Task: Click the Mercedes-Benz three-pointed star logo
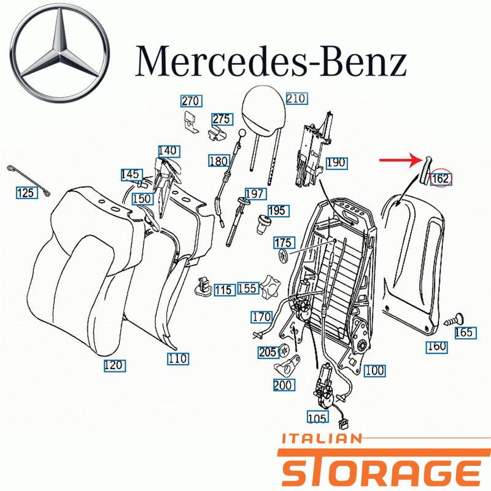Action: click(60, 53)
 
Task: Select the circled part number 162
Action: click(441, 179)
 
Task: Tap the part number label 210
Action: click(296, 99)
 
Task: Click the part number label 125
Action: click(26, 193)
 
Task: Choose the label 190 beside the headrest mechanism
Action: click(336, 163)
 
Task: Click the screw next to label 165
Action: click(454, 320)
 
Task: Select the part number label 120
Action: click(115, 365)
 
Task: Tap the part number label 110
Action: click(178, 358)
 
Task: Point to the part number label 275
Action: click(222, 119)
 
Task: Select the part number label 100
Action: click(374, 371)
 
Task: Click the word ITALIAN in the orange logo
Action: click(322, 439)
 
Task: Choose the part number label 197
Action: click(255, 194)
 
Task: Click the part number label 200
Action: click(284, 385)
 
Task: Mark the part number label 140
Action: click(169, 151)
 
